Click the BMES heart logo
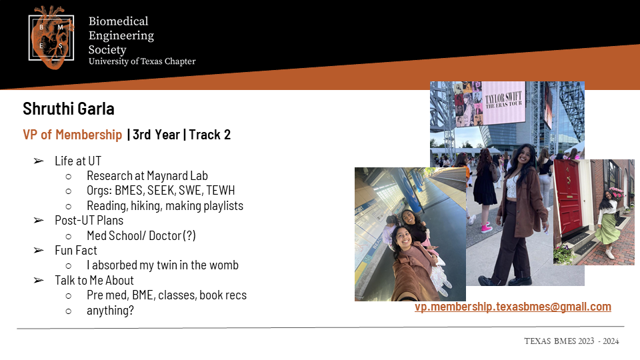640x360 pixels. click(x=51, y=37)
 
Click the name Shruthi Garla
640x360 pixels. click(x=69, y=109)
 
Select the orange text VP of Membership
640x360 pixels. click(x=72, y=135)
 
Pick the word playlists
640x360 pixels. click(x=223, y=206)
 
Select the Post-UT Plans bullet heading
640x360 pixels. click(x=89, y=221)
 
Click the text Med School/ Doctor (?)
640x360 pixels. click(x=141, y=235)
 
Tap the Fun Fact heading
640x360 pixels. click(x=76, y=250)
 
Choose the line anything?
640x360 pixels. click(x=110, y=311)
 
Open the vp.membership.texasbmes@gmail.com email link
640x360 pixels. click(x=513, y=307)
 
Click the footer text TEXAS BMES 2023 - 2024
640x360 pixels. click(x=571, y=341)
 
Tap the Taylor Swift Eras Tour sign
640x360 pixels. click(x=504, y=102)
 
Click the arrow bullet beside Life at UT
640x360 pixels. click(x=39, y=161)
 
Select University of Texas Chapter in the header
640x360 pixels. click(x=142, y=61)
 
